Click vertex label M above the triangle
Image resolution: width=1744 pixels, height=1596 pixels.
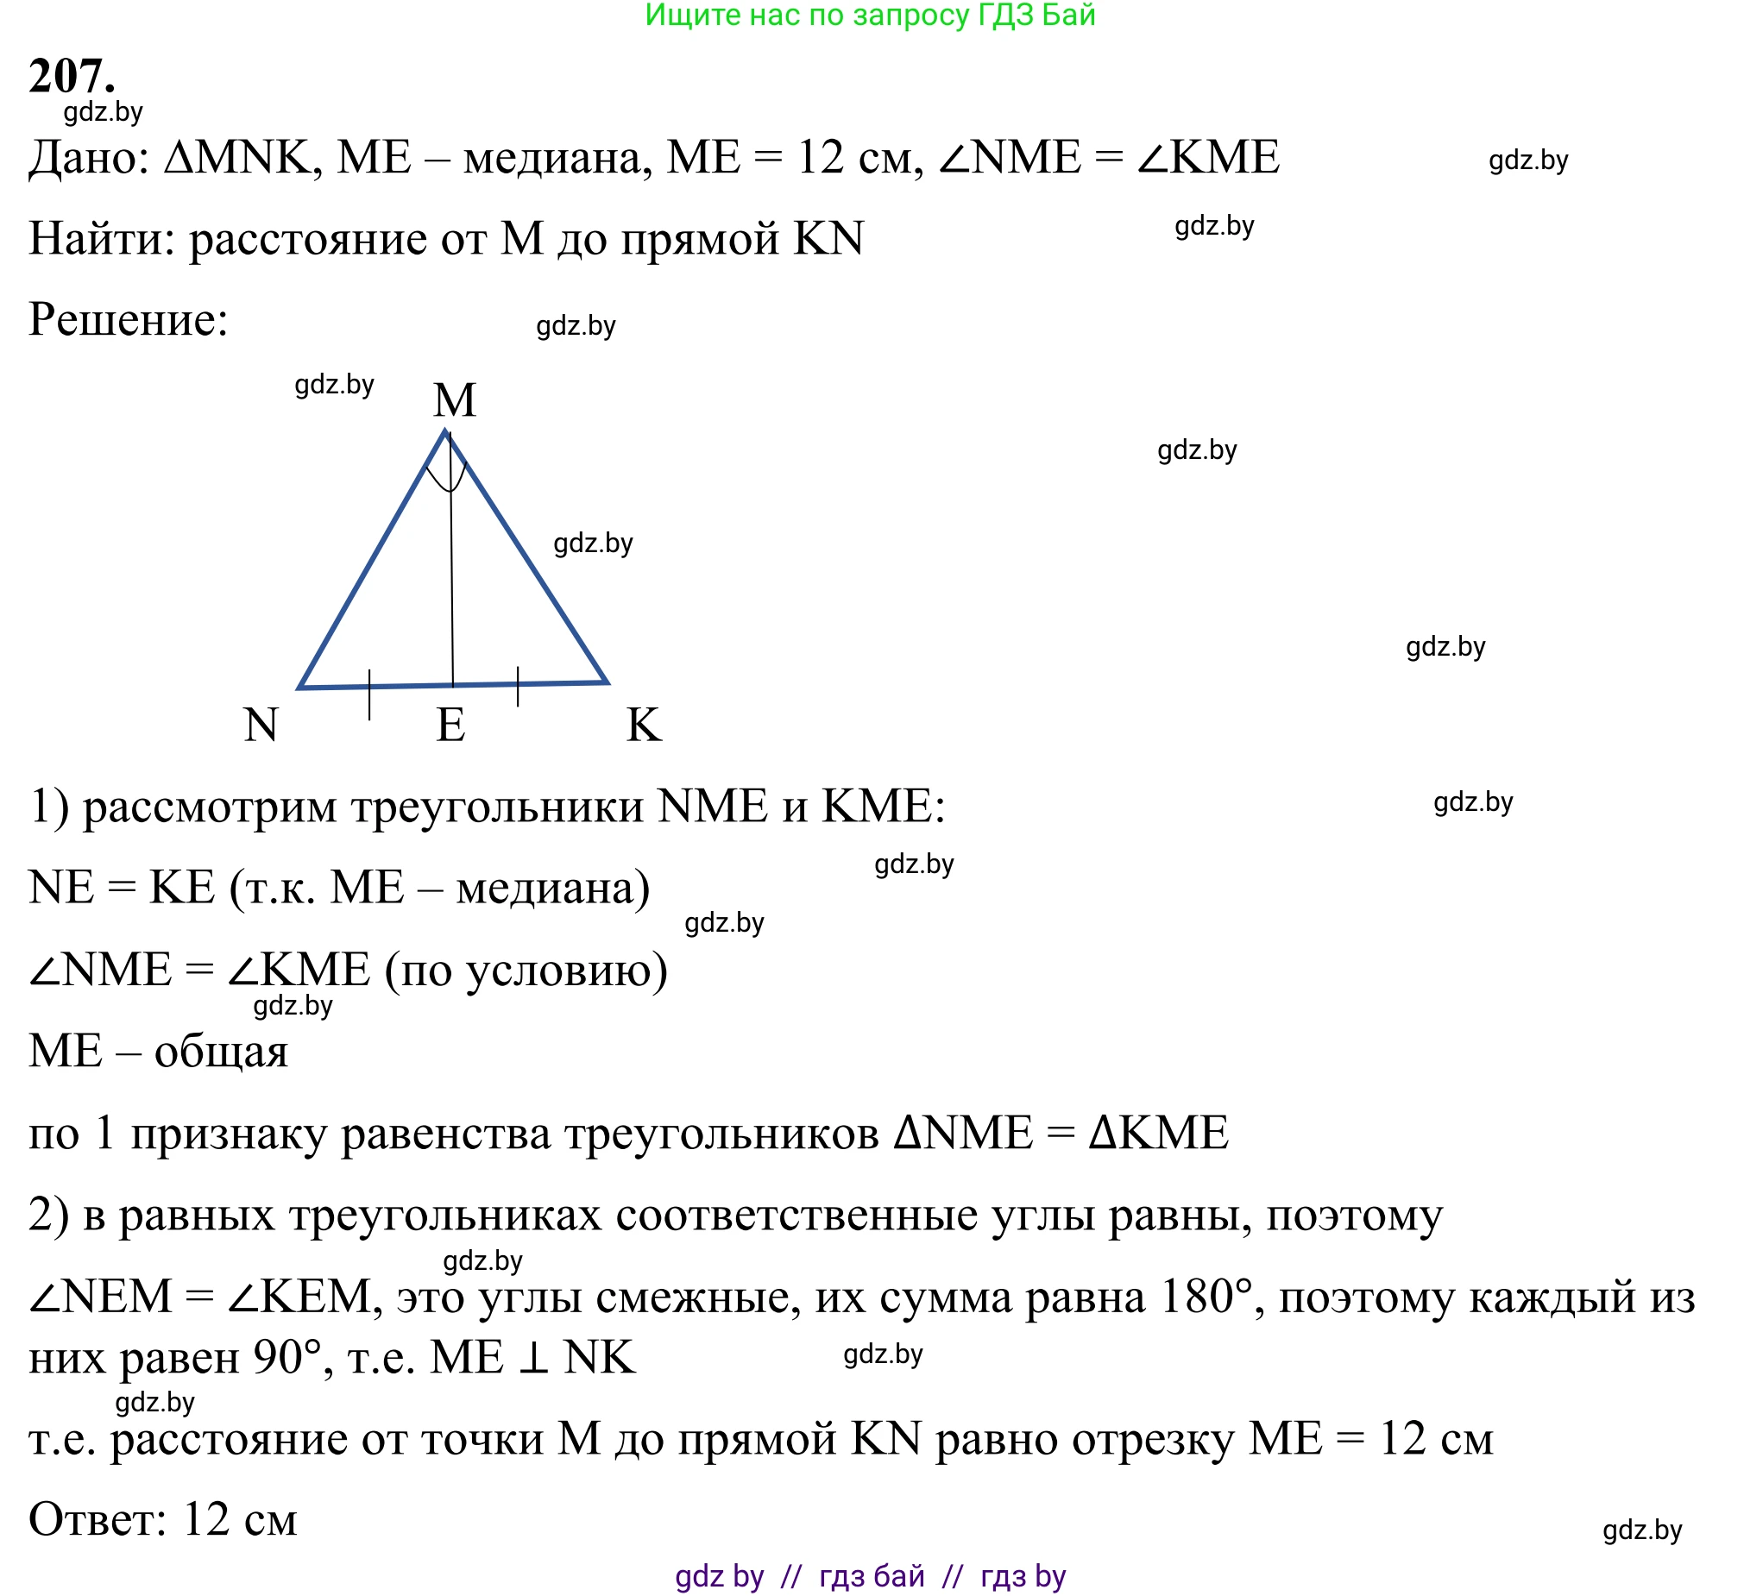(455, 400)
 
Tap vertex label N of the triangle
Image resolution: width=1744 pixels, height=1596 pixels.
(261, 725)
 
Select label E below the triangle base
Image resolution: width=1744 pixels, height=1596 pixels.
(450, 725)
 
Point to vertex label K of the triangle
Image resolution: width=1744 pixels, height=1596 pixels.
(645, 725)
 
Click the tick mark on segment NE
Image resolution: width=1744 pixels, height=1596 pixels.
(369, 694)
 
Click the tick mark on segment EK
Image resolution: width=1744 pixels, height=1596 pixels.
(518, 687)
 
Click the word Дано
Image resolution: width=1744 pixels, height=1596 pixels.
(82, 158)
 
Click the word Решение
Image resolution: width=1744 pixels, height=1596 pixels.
(127, 320)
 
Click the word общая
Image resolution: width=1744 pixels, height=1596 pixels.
(221, 1052)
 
